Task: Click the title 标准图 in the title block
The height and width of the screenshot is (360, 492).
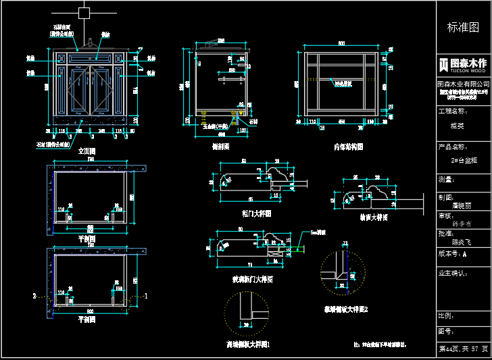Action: point(463,28)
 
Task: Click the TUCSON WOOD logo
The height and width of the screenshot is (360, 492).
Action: point(463,65)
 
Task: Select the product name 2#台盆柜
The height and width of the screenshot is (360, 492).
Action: point(464,160)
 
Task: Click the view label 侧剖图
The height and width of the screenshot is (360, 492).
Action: point(220,146)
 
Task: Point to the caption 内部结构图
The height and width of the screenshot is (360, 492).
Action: point(348,146)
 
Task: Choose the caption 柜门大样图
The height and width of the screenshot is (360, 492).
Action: point(256,213)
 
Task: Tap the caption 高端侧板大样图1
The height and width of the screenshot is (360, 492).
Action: point(248,344)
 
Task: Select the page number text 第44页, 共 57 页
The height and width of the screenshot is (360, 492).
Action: point(463,349)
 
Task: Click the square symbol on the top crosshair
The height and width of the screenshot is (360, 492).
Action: point(84,12)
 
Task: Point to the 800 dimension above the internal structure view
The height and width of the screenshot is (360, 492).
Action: point(341,44)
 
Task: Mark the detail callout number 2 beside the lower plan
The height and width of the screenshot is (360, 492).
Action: point(34,296)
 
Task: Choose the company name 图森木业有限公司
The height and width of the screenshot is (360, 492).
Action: point(463,83)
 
